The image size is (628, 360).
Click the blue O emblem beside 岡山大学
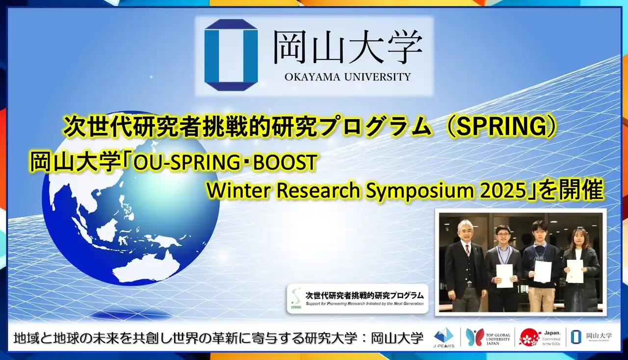tap(231, 55)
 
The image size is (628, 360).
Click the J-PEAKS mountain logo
tap(444, 337)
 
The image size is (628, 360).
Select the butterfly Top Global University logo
tap(475, 337)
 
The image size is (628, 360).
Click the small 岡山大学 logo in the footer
tap(592, 337)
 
